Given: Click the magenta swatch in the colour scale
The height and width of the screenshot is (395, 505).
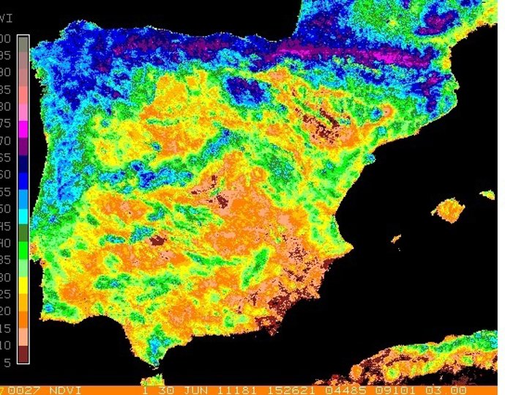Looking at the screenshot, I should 23,127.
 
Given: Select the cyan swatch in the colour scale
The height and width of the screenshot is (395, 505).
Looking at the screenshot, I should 23,215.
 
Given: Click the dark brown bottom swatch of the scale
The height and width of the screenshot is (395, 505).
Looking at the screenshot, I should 23,355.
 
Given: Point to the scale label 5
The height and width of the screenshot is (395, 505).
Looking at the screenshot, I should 7,362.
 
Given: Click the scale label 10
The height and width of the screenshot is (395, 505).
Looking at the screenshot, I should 6,345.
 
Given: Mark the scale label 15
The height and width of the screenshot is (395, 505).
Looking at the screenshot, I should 6,328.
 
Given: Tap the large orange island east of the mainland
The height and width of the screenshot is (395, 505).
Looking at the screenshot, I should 449,211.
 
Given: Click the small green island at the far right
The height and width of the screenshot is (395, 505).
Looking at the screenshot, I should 487,195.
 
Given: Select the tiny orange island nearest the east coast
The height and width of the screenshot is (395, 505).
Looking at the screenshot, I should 396,238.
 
